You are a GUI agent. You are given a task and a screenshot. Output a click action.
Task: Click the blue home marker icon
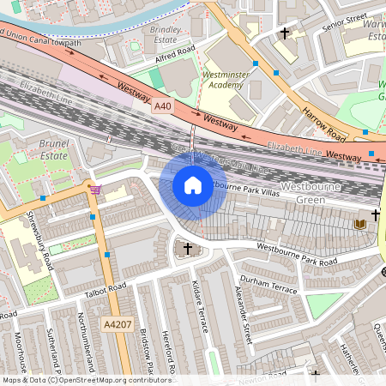pyautogui.click(x=193, y=185)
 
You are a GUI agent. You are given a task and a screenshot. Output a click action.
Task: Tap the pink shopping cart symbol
pyautogui.click(x=95, y=189)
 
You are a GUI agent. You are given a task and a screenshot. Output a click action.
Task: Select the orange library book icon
pyautogui.click(x=360, y=224)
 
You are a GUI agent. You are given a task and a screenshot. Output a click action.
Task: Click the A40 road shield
pyautogui.click(x=164, y=106)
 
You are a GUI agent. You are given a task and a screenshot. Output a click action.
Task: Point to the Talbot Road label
pyautogui.click(x=105, y=291)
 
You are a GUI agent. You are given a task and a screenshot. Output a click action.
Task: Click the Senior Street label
pyautogui.click(x=345, y=21)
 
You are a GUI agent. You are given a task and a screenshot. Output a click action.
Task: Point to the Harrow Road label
pyautogui.click(x=323, y=125)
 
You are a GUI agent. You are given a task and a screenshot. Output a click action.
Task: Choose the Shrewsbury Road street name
pyautogui.click(x=39, y=239)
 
